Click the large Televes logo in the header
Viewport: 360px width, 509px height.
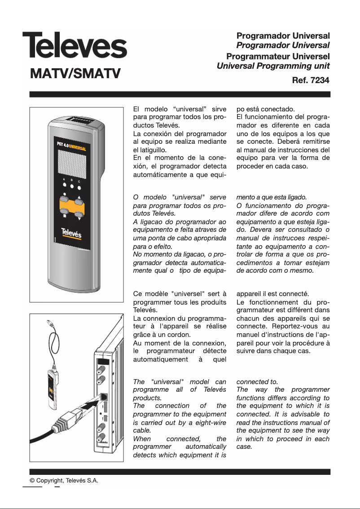coord(75,45)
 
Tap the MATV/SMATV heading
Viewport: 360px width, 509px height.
coord(75,73)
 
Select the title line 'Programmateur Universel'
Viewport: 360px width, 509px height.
coord(278,57)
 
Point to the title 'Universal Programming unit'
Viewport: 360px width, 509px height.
coord(273,66)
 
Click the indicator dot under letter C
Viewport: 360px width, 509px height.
coord(80,188)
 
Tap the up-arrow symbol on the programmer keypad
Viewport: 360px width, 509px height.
coord(80,197)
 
